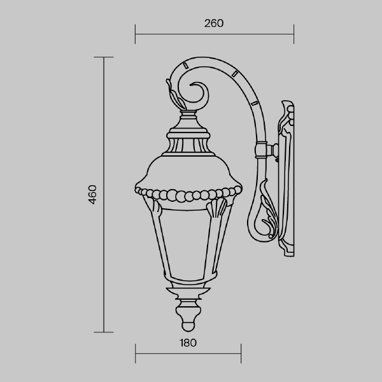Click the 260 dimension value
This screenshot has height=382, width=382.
point(214,24)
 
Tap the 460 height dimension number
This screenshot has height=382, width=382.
point(92,194)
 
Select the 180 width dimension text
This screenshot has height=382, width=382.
point(188,343)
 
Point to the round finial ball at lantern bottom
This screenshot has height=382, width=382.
point(188,326)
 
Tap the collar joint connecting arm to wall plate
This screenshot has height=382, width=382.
point(261,150)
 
